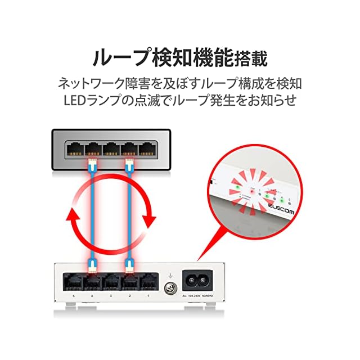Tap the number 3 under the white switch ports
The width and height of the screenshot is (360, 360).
coord(111,296)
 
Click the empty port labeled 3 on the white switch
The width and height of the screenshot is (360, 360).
coord(111,281)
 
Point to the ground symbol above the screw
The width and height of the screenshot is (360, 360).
coord(168,275)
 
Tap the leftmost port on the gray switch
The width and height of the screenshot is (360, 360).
coord(74,149)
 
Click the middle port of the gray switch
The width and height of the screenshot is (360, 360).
coord(110,149)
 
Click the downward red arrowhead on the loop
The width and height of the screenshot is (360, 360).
coord(149,219)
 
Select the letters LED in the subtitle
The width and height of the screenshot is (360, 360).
coord(75,101)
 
